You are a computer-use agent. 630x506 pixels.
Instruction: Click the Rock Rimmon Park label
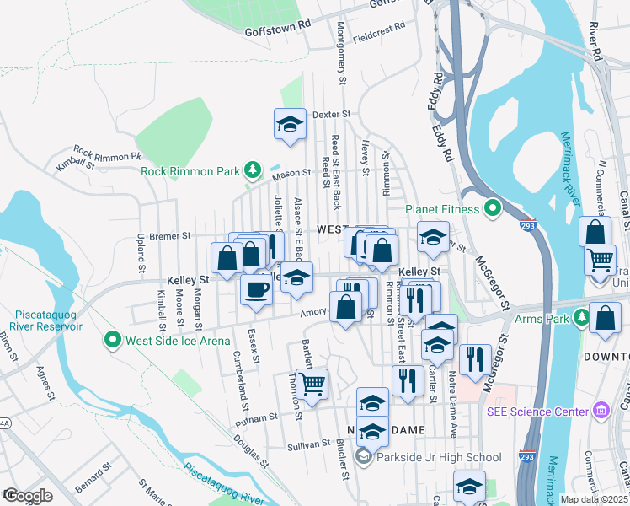click(191, 171)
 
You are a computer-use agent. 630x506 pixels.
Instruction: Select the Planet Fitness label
click(442, 209)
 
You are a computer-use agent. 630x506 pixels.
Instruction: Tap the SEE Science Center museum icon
click(601, 412)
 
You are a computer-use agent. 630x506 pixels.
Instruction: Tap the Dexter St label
click(330, 114)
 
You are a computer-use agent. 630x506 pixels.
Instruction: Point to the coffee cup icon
click(256, 290)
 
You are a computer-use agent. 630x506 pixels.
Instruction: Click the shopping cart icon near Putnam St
click(312, 384)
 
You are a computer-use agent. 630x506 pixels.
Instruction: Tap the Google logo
click(28, 496)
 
